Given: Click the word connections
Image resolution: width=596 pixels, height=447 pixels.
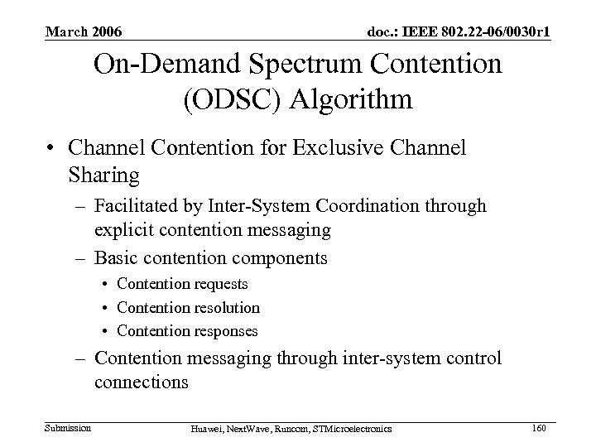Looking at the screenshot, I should pos(142,383).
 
